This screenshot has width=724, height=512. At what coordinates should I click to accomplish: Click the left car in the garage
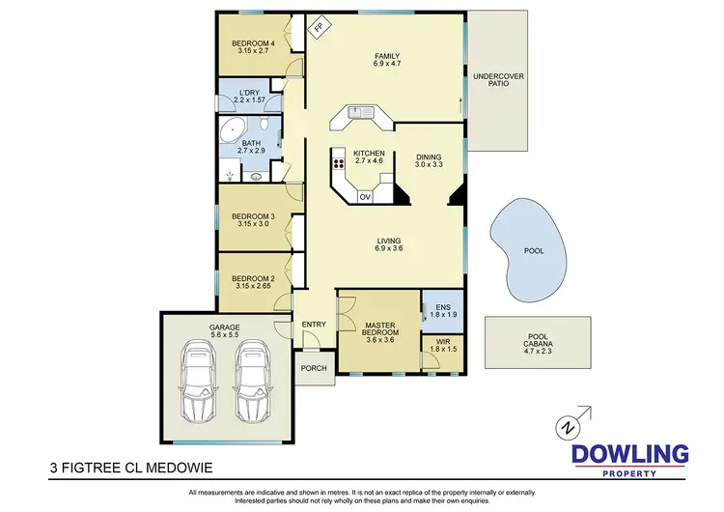pyautogui.click(x=200, y=383)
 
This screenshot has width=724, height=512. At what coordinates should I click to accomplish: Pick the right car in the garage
pyautogui.click(x=252, y=383)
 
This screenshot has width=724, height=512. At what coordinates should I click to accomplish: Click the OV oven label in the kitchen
pyautogui.click(x=365, y=197)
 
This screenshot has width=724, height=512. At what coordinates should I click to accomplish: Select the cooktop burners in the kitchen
pyautogui.click(x=339, y=163)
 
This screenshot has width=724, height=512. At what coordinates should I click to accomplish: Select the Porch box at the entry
pyautogui.click(x=314, y=368)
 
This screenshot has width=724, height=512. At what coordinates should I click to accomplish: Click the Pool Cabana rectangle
pyautogui.click(x=537, y=342)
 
